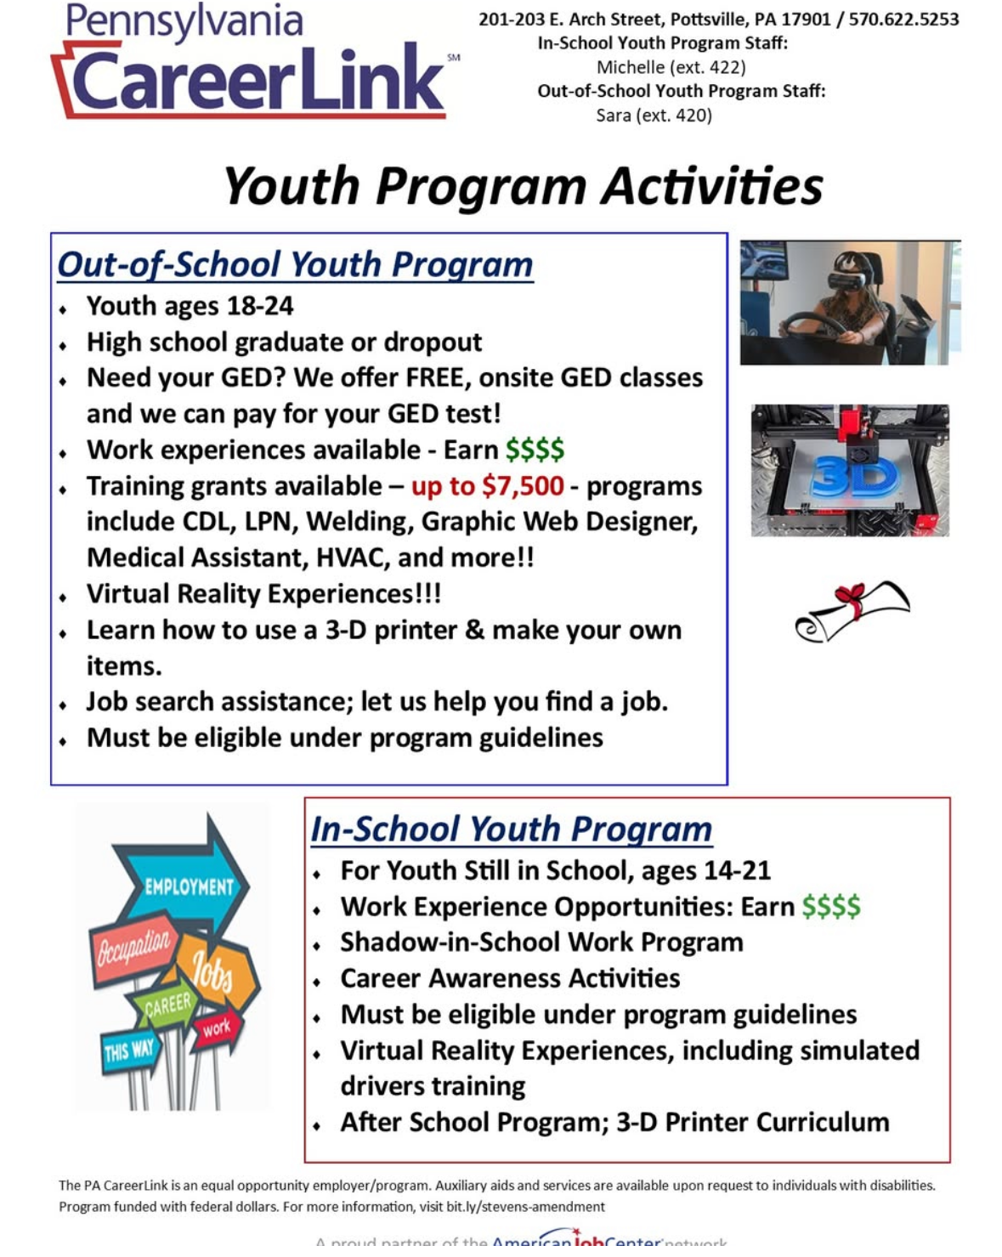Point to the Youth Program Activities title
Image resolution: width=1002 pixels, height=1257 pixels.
coord(523,186)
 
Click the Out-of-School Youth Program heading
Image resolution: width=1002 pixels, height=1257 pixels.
coord(295,264)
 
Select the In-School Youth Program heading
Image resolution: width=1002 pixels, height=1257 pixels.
coord(511,829)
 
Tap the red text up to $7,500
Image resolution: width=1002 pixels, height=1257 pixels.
coord(487,485)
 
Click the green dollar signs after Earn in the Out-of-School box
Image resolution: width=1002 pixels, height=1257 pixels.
coord(535,449)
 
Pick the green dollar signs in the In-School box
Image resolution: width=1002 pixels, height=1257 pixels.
coord(830,906)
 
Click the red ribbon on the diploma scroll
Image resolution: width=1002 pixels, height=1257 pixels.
coord(851,598)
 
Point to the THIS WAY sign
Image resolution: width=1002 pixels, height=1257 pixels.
coord(129,1051)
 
